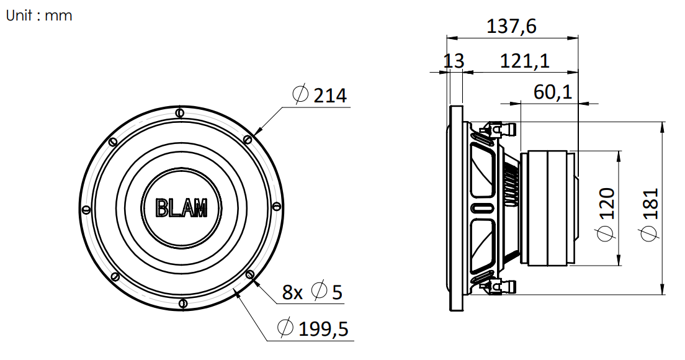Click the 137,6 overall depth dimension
(x=511, y=27)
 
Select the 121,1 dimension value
(x=524, y=61)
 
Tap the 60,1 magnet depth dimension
(x=553, y=92)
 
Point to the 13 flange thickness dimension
(x=454, y=61)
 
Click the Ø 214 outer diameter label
(x=320, y=95)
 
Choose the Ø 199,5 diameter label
(x=313, y=328)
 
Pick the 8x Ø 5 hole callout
(x=312, y=291)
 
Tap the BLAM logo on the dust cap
(x=182, y=207)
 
